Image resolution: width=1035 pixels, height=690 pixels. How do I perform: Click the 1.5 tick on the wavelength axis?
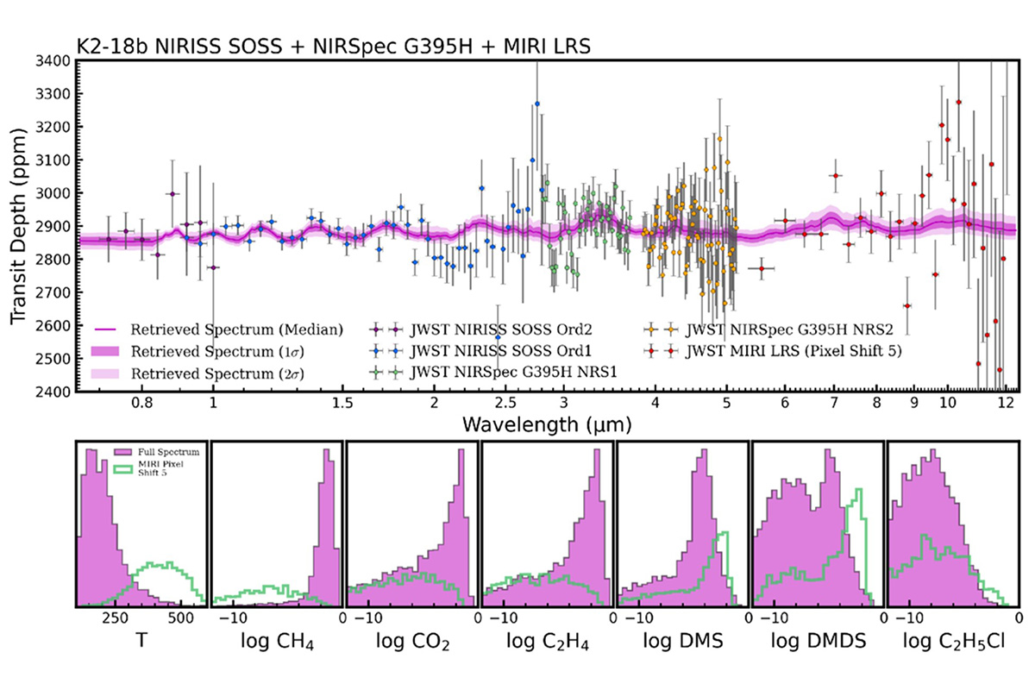[342, 402]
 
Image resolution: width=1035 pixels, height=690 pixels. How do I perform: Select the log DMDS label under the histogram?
[818, 643]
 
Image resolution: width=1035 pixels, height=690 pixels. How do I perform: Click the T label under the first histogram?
[141, 643]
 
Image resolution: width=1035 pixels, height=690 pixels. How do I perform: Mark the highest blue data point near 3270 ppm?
[536, 103]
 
